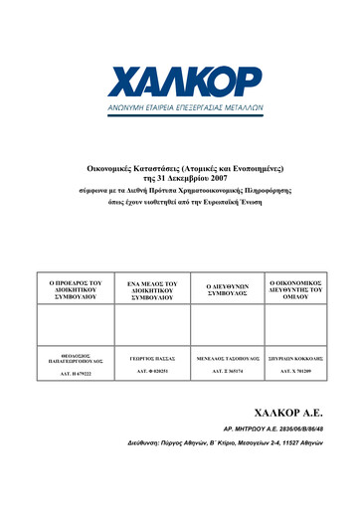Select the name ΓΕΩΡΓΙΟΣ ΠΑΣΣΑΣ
[145, 353]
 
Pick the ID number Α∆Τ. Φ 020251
[145, 370]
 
